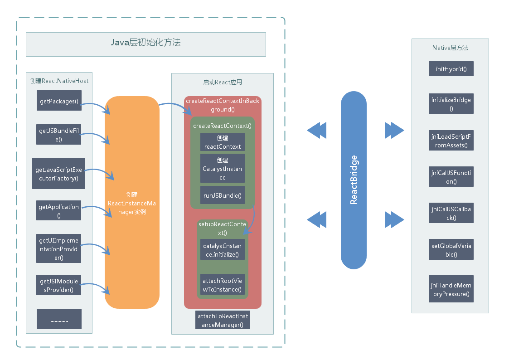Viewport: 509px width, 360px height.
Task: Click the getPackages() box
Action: pyautogui.click(x=59, y=101)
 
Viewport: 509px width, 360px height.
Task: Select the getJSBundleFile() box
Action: pyautogui.click(x=59, y=135)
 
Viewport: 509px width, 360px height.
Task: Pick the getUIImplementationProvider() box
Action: pyautogui.click(x=59, y=248)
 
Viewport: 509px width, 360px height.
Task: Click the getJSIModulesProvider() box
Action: pyautogui.click(x=59, y=285)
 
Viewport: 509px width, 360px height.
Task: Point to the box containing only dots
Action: pyautogui.click(x=59, y=319)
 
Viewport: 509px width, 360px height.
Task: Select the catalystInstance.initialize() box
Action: pyautogui.click(x=222, y=250)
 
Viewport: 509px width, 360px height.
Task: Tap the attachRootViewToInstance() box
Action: pyautogui.click(x=222, y=285)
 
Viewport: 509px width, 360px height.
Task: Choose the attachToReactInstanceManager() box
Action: pyautogui.click(x=223, y=320)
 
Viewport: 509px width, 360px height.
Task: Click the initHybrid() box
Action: pyautogui.click(x=451, y=70)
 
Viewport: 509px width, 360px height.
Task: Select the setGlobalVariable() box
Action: pyautogui.click(x=451, y=250)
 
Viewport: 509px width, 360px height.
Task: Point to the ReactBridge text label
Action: pyautogui.click(x=354, y=180)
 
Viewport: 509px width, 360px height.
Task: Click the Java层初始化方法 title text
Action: pyautogui.click(x=145, y=43)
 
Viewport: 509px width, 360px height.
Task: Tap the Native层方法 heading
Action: pyautogui.click(x=450, y=48)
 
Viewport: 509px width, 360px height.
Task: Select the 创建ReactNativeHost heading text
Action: pyautogui.click(x=59, y=81)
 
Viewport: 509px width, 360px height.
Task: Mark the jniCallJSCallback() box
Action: pyautogui.click(x=451, y=213)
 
